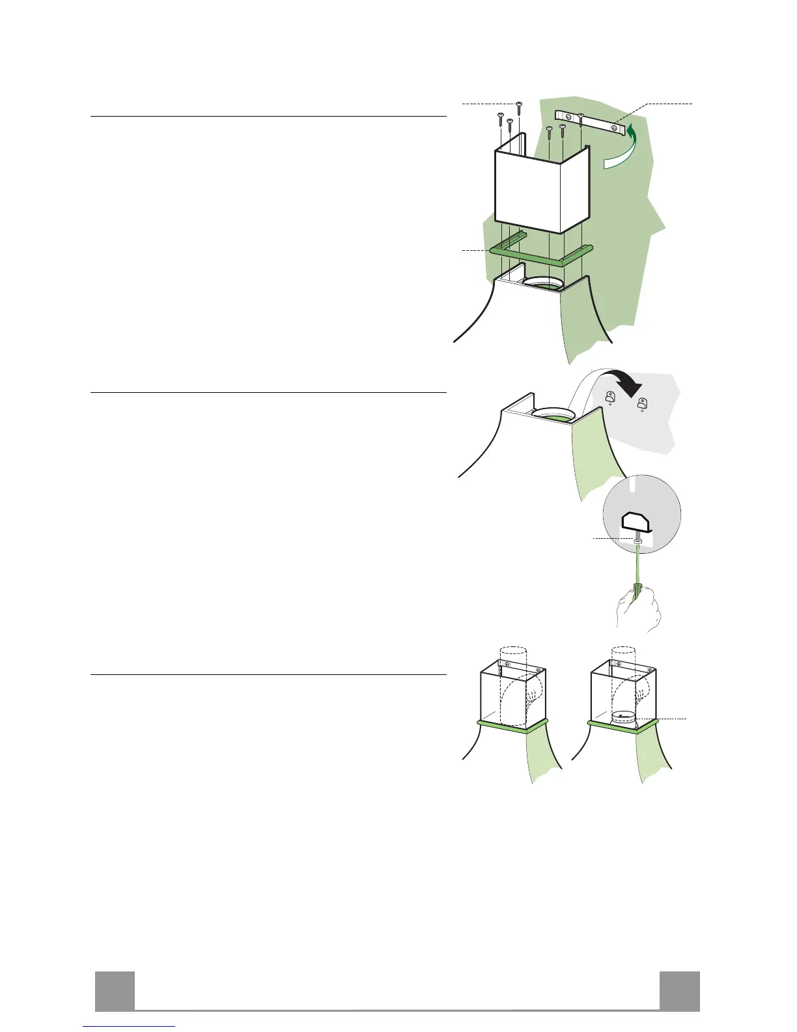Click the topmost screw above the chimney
pyautogui.click(x=519, y=104)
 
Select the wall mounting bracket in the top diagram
pyautogui.click(x=593, y=122)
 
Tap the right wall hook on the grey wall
pyautogui.click(x=642, y=404)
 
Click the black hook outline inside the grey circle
pyautogui.click(x=640, y=522)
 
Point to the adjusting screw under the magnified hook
pyautogui.click(x=638, y=541)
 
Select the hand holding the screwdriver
pyautogui.click(x=638, y=609)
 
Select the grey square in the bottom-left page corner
pyautogui.click(x=115, y=991)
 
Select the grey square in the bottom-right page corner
pyautogui.click(x=679, y=991)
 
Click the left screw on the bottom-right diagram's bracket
pyautogui.click(x=616, y=668)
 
